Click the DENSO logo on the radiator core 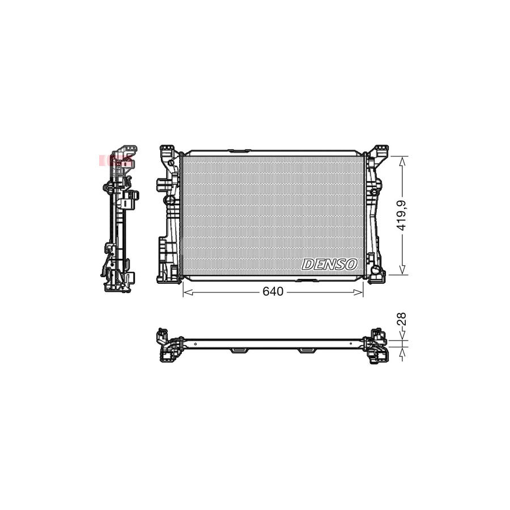click(330, 264)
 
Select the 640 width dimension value click(273, 292)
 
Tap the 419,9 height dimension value click(402, 216)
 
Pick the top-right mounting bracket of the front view click(379, 152)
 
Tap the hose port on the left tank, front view click(162, 184)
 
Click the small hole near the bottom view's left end click(194, 343)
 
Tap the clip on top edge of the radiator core click(239, 151)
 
